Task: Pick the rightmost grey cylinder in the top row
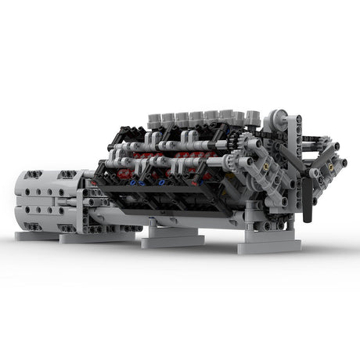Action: [253, 117]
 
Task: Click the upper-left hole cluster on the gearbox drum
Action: [31, 178]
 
